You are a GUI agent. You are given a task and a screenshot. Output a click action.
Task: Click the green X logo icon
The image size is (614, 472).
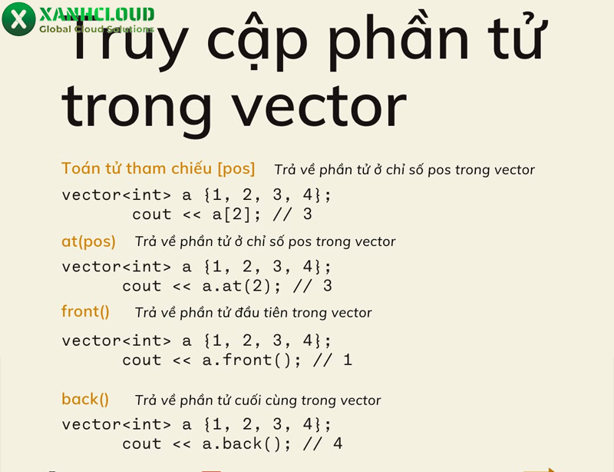pyautogui.click(x=18, y=18)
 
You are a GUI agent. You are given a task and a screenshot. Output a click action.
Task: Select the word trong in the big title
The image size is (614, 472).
pyautogui.click(x=137, y=108)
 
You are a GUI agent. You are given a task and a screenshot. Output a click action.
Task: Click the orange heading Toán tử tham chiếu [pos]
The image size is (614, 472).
pyautogui.click(x=158, y=168)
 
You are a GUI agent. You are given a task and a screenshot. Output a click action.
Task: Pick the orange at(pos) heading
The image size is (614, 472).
pyautogui.click(x=88, y=241)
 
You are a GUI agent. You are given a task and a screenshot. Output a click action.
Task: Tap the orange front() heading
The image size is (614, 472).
pyautogui.click(x=85, y=311)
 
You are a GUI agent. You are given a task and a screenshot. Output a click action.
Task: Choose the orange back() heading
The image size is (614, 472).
pyautogui.click(x=85, y=399)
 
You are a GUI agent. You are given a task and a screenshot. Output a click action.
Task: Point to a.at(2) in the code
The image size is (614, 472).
pyautogui.click(x=237, y=286)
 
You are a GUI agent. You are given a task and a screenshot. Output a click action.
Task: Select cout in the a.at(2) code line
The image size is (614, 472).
pyautogui.click(x=142, y=286)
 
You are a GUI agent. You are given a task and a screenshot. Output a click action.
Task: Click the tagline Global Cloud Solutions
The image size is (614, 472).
pyautogui.click(x=96, y=29)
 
